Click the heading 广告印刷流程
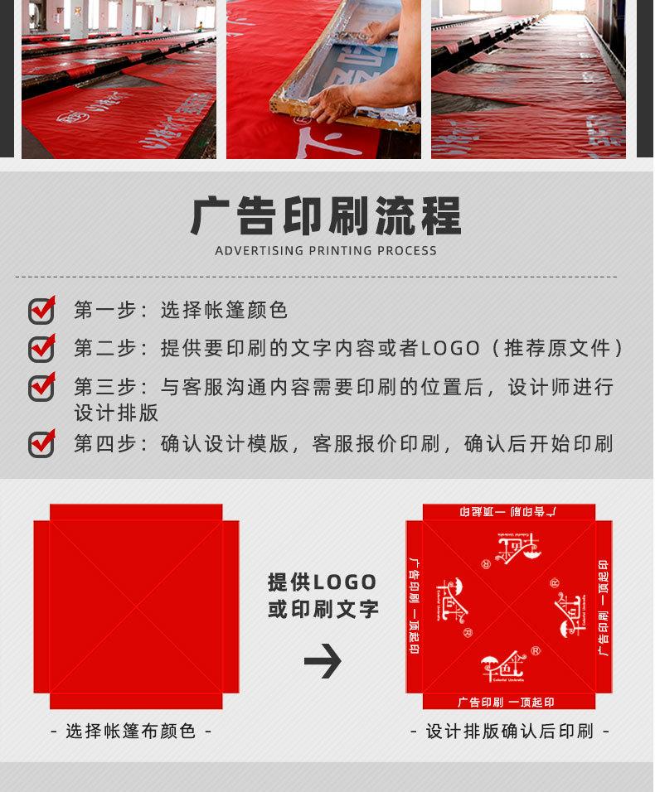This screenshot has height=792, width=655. (326, 216)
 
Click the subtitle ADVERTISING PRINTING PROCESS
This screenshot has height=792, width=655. (326, 251)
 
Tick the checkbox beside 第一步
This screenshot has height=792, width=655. (41, 310)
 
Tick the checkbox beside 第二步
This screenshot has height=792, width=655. (41, 348)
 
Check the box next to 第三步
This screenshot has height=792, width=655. (41, 387)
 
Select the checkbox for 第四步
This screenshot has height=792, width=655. (41, 443)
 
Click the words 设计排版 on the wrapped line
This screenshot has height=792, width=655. (116, 413)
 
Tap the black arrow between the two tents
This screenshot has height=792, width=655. (323, 660)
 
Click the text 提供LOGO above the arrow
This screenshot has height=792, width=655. (323, 582)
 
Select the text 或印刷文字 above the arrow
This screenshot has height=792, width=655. (323, 610)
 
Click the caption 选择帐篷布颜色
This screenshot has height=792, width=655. (131, 732)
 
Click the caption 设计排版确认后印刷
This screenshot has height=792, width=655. (510, 732)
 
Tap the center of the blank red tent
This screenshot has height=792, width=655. (136, 606)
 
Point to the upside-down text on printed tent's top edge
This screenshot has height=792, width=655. (507, 511)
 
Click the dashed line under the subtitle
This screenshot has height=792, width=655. (315, 277)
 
